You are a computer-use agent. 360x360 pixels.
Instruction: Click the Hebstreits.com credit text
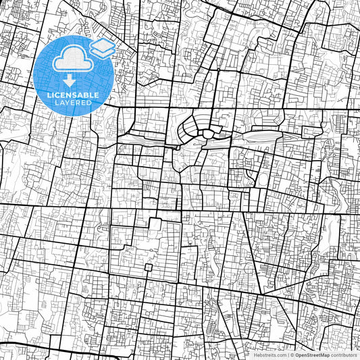coord(269,355)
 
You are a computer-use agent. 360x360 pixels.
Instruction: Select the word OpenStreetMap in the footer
coord(312,355)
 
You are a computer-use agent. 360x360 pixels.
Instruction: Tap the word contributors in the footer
coord(344,355)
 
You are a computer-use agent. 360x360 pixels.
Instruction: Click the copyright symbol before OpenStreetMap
coord(292,355)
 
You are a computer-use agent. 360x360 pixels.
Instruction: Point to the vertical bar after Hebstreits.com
coord(287,355)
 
